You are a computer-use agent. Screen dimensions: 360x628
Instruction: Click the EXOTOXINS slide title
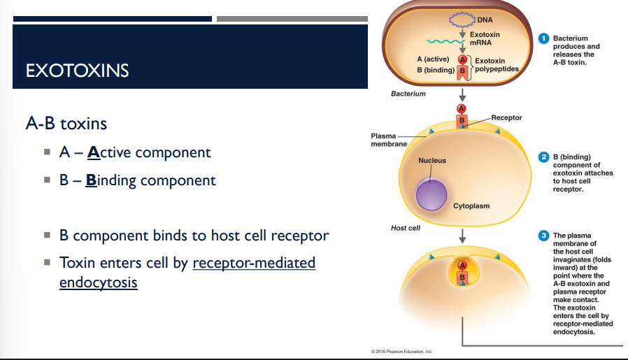77,71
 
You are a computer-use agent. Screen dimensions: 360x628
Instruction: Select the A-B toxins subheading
66,124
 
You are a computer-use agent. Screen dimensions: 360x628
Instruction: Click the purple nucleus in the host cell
431,194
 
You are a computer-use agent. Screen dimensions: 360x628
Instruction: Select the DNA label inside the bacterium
484,8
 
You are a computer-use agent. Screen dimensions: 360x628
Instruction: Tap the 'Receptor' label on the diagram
506,118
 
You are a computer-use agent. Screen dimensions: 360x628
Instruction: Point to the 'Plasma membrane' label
383,139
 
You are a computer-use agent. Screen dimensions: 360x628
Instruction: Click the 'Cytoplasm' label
471,206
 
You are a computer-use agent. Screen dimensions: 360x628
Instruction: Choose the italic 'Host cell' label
405,228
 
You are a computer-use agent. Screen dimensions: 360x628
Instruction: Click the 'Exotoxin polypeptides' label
497,65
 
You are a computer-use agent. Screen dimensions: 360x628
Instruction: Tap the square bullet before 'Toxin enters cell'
46,264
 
